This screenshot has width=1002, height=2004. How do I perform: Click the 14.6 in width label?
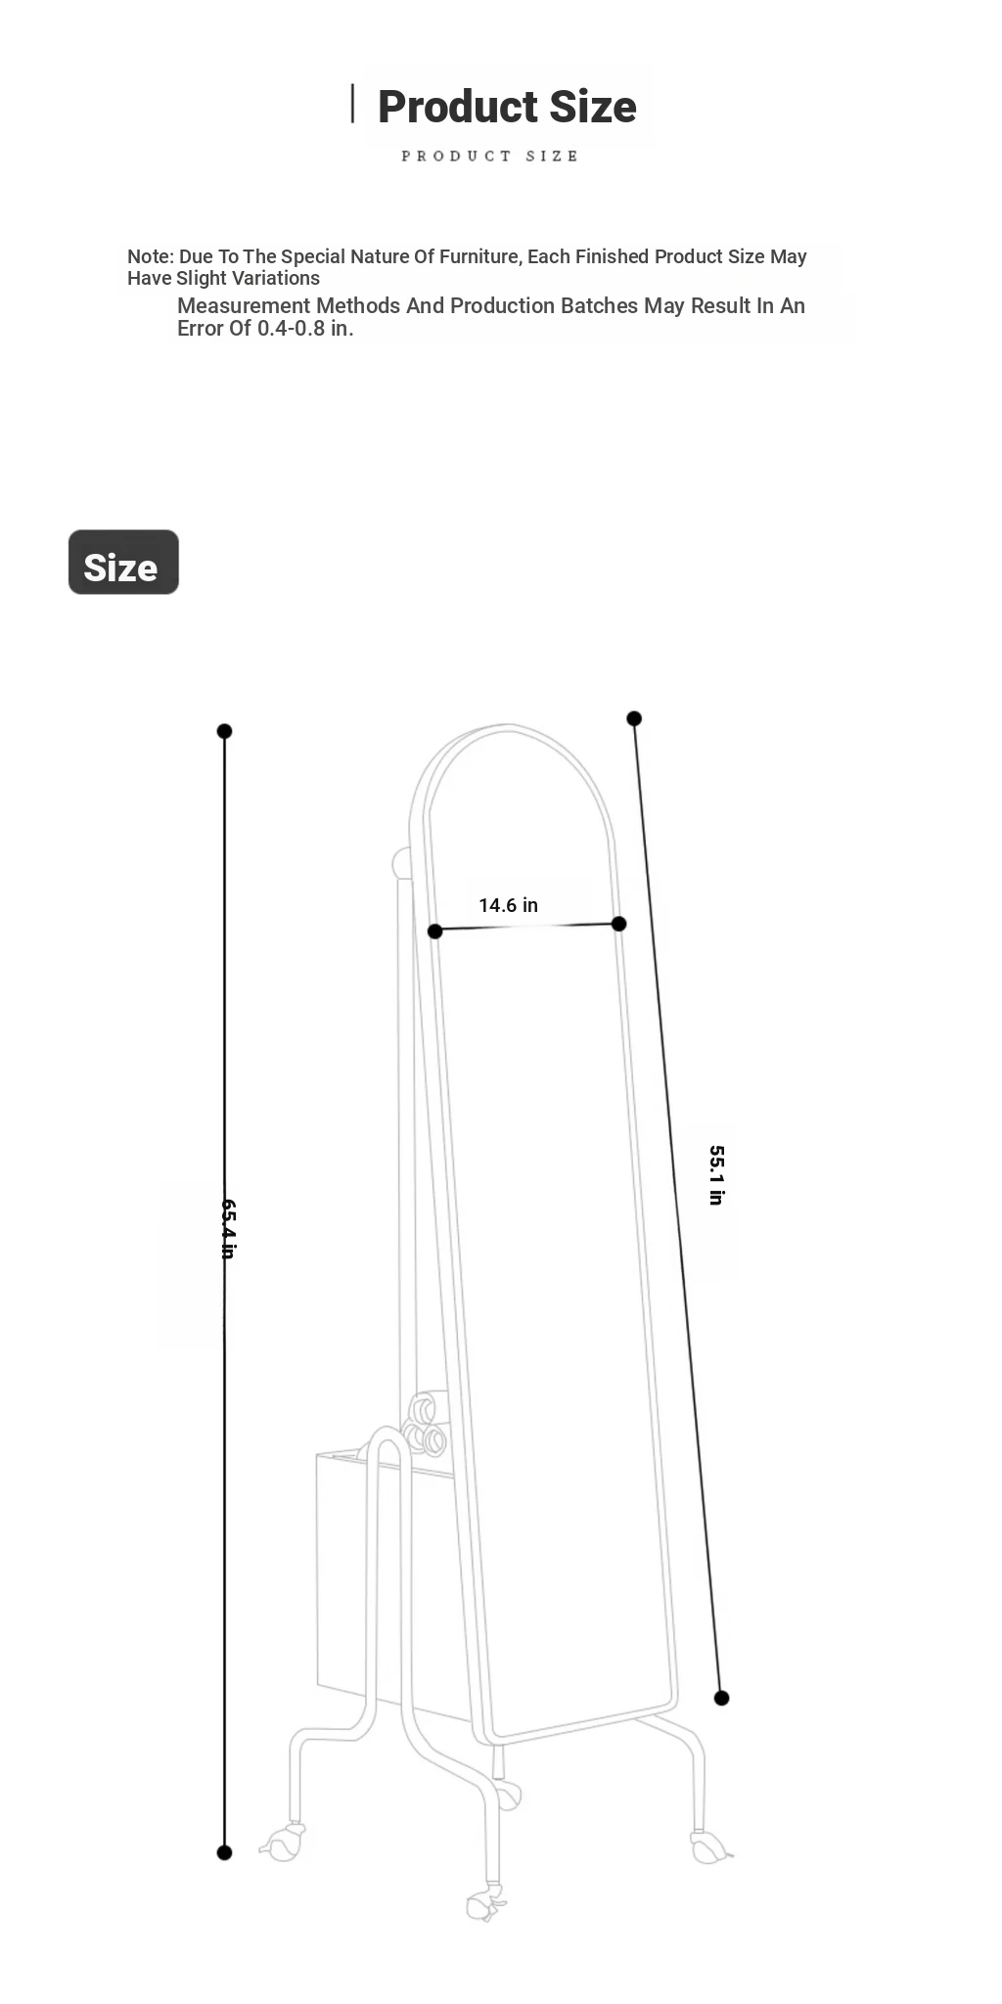[x=508, y=905]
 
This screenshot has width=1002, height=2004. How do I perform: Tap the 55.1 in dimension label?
[x=716, y=1175]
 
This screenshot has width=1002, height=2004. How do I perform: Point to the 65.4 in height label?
[x=228, y=1228]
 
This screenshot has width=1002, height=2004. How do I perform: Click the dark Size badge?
[x=123, y=562]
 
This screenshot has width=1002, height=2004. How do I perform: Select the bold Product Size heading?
[x=507, y=107]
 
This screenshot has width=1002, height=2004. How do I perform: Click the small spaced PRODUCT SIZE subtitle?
[x=489, y=156]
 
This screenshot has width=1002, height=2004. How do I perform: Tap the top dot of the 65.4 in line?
[x=224, y=731]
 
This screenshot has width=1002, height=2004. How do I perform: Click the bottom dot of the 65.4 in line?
[x=224, y=1852]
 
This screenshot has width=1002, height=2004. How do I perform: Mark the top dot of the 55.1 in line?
[x=634, y=718]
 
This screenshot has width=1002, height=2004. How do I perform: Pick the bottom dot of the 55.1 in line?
[x=721, y=1698]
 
